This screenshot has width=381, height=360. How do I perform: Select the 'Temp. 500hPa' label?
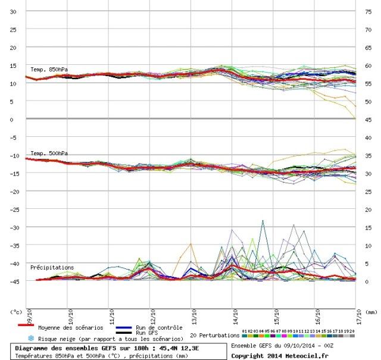tap(50, 153)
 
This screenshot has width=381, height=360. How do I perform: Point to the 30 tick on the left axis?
tap(13, 11)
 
